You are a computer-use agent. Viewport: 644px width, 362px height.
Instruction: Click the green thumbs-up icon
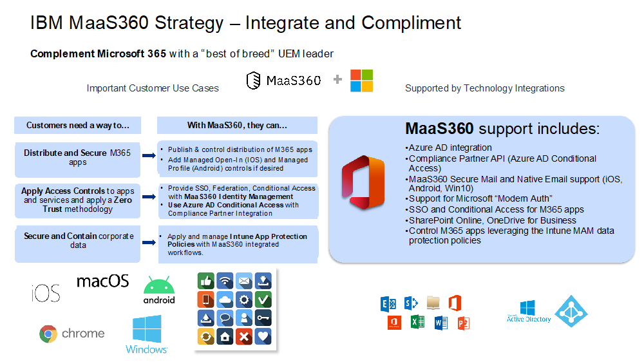click(206, 281)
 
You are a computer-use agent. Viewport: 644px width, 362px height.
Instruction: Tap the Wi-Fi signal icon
click(225, 281)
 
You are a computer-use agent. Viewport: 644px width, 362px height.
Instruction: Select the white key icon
click(263, 318)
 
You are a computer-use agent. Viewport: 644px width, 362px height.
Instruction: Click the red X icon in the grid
click(244, 337)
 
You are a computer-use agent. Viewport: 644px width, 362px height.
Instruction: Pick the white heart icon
click(263, 337)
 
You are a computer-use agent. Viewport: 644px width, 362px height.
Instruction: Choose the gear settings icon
click(244, 300)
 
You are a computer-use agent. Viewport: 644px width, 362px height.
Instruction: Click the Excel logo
click(418, 321)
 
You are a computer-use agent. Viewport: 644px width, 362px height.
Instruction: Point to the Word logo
click(440, 323)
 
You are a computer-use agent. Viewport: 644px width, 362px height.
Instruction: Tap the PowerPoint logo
click(463, 323)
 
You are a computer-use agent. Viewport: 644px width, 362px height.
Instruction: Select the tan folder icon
click(433, 303)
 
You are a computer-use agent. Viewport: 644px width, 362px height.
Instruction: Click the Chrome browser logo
click(48, 334)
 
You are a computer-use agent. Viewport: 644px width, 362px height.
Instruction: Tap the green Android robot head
click(159, 285)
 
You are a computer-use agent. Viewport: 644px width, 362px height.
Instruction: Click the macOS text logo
click(102, 281)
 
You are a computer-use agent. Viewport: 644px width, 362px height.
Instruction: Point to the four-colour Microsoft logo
click(361, 81)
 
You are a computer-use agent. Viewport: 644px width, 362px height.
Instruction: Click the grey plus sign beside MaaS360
click(337, 79)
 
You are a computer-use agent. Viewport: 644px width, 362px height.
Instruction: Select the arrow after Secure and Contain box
click(149, 242)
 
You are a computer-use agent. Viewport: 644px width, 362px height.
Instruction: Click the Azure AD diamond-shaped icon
click(571, 312)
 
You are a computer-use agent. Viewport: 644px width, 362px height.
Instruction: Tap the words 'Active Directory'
click(529, 319)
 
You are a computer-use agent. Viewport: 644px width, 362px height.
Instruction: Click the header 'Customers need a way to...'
click(78, 126)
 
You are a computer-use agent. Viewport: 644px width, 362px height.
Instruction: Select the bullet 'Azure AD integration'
click(448, 148)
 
